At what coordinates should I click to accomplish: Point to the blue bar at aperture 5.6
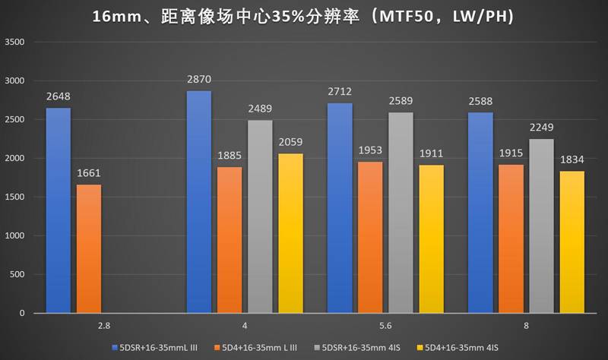coord(340,208)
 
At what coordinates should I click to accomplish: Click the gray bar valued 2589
coord(401,213)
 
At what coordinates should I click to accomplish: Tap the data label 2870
coord(199,80)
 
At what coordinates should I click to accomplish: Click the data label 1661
coord(88,173)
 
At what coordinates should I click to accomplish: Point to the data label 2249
coord(542,128)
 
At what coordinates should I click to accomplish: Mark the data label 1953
coord(370,150)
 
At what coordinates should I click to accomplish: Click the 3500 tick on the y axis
coord(15,43)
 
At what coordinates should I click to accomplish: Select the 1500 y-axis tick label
coord(15,197)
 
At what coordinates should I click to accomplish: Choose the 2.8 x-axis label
coord(103,325)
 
